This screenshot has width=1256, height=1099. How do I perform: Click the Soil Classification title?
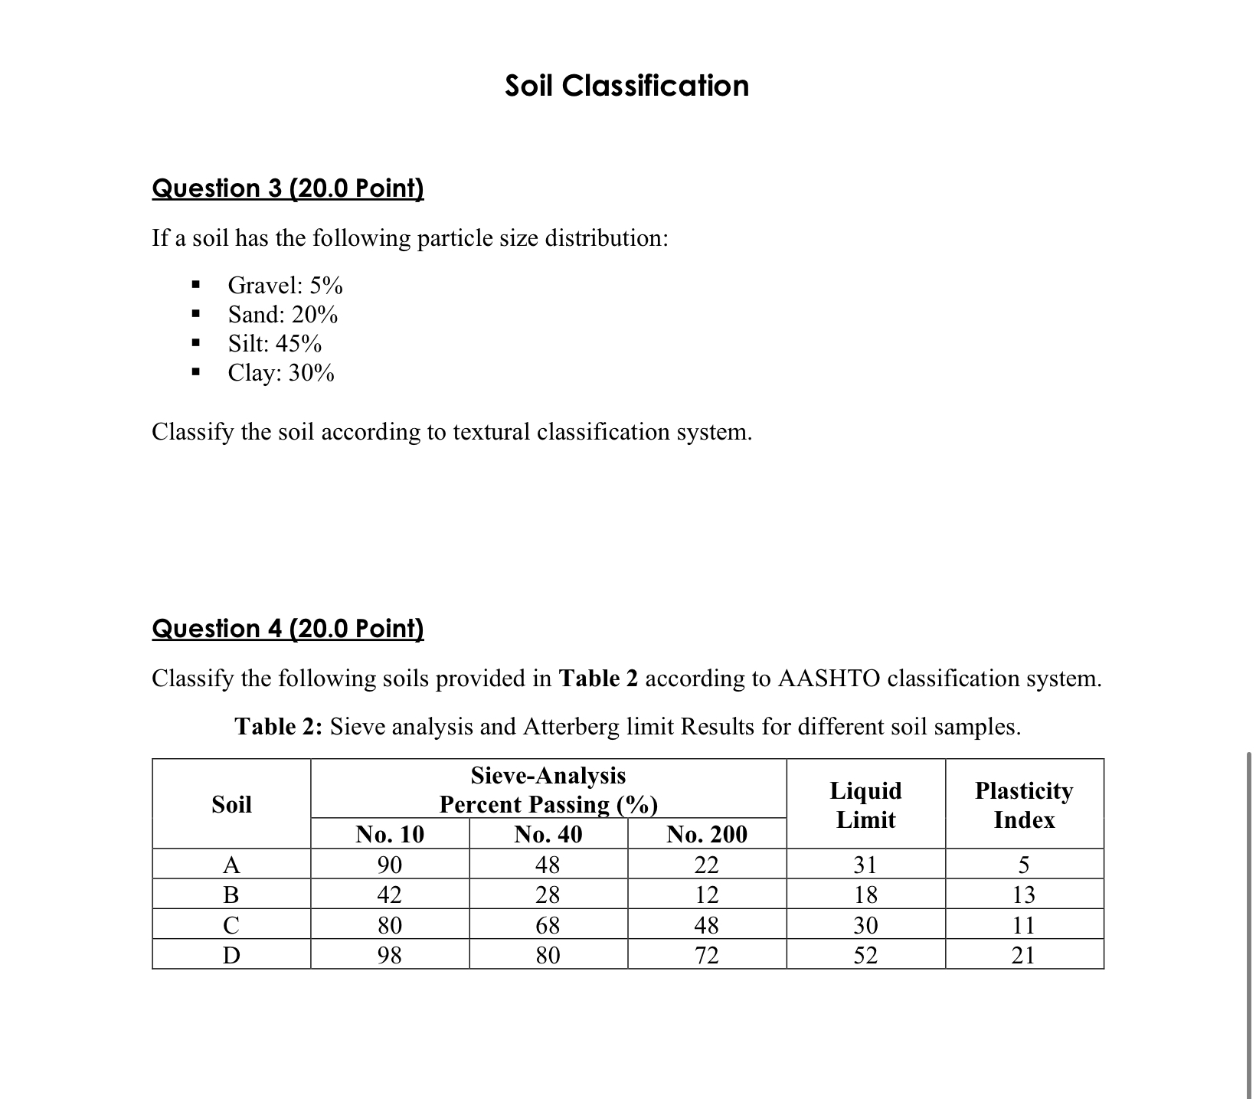[x=626, y=86]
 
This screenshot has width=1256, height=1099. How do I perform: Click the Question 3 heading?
[x=288, y=188]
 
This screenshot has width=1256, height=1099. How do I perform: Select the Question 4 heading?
[x=288, y=628]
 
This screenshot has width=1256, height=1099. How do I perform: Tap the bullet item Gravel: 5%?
[x=285, y=286]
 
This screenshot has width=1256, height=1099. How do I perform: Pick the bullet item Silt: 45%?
[x=275, y=344]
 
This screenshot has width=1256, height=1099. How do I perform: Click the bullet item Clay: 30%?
[x=281, y=373]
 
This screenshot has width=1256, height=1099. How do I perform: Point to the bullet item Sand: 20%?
[x=283, y=315]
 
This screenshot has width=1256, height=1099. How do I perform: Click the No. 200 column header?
[x=706, y=834]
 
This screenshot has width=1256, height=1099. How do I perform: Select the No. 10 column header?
[x=390, y=834]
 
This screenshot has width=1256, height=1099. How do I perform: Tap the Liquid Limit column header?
[x=865, y=805]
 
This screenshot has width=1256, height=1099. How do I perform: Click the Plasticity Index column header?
[x=1024, y=805]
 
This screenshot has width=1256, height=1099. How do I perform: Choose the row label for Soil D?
[x=231, y=955]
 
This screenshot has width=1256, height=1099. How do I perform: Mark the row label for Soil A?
[x=231, y=865]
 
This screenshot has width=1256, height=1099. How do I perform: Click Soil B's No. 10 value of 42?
[x=390, y=895]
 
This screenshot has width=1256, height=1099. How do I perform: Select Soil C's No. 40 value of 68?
[x=548, y=925]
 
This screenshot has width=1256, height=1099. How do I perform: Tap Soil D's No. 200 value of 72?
[x=706, y=955]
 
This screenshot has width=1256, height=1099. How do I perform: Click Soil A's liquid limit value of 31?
[x=865, y=865]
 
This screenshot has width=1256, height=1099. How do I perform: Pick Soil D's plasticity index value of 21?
[x=1024, y=955]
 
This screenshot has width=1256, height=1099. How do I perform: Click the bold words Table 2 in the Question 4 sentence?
[x=598, y=679]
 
